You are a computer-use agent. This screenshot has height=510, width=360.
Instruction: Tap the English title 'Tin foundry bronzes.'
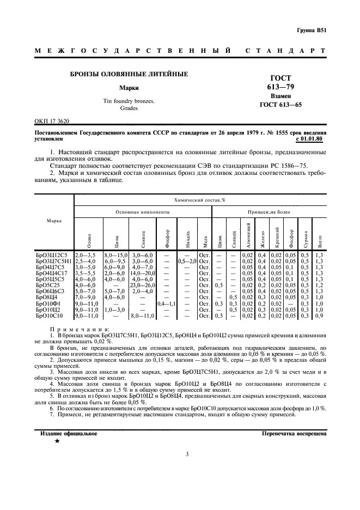(129, 101)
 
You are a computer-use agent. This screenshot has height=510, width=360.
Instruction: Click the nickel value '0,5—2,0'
(187, 260)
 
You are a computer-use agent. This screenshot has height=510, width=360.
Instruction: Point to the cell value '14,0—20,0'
(142, 273)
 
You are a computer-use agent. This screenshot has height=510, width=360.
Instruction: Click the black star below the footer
(57, 441)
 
